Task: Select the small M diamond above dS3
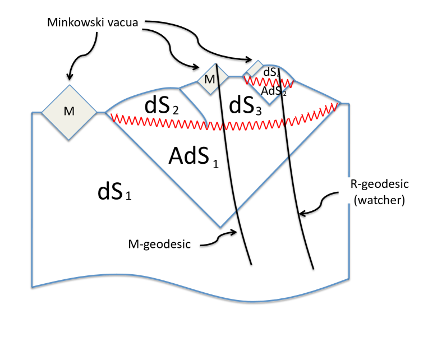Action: click(211, 79)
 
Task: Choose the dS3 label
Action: click(245, 106)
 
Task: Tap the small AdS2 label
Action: click(274, 92)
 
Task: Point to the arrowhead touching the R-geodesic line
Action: click(301, 213)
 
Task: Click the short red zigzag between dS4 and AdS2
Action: click(269, 82)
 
